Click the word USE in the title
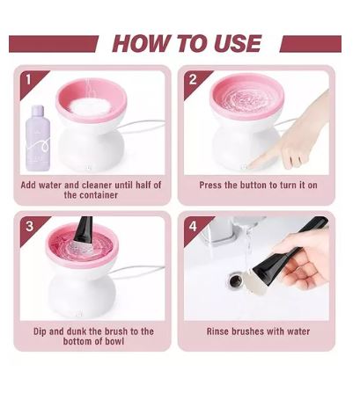coord(238,43)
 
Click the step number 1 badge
coord(28,79)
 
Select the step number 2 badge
coord(193,79)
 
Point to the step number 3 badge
coord(29,226)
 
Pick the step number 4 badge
coord(193,226)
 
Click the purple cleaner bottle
coord(37,138)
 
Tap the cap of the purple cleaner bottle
coord(39,111)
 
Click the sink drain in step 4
coord(236,280)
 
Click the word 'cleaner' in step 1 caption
coord(97,185)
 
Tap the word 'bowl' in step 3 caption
coord(114,341)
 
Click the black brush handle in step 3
coord(81,226)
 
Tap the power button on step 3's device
coord(79,315)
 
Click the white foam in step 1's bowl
coord(91,107)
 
